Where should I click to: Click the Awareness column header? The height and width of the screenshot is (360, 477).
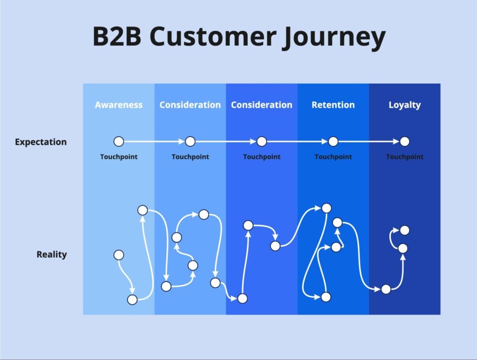[118, 105]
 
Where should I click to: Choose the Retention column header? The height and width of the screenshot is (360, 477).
[333, 105]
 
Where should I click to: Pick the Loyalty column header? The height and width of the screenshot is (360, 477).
[404, 105]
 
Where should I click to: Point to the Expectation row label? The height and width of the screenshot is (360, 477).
[41, 142]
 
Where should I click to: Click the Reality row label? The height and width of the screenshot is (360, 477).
[51, 254]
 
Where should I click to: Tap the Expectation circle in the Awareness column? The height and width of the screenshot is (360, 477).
[119, 141]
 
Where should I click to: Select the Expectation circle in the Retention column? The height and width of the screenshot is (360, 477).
[333, 141]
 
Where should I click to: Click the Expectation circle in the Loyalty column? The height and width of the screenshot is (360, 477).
[404, 141]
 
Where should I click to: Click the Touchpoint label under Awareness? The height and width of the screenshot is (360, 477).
[119, 157]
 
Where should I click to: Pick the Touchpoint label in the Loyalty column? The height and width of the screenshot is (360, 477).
[404, 157]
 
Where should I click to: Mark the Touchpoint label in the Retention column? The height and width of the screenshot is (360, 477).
[333, 157]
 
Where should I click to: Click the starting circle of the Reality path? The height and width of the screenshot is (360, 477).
[119, 255]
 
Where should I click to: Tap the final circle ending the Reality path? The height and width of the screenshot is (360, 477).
[404, 230]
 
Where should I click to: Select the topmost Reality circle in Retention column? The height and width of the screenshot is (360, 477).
[327, 208]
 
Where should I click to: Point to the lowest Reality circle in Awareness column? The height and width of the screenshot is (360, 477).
[132, 299]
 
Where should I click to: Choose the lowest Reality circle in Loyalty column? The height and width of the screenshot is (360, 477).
[386, 289]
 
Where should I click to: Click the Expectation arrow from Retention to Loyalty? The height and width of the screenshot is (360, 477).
[368, 141]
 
